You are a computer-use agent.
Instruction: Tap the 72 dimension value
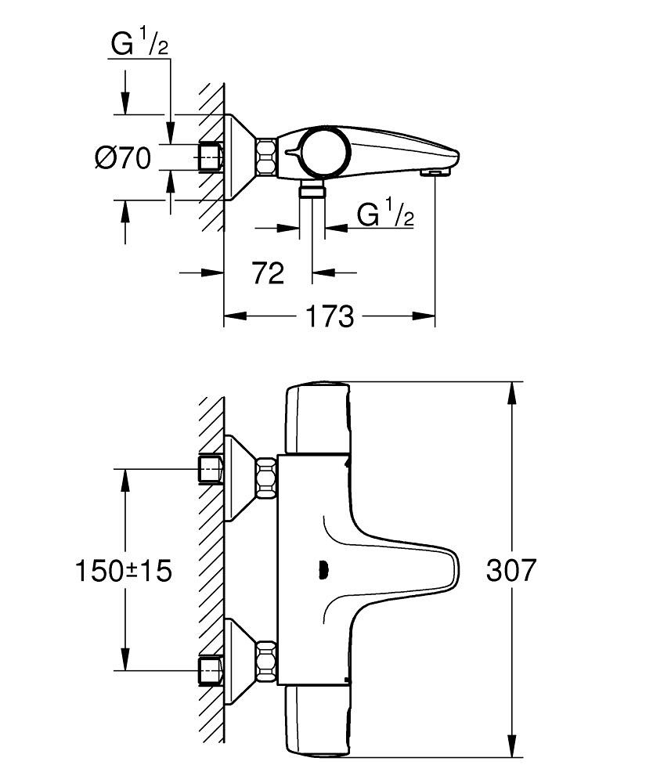[x=268, y=273]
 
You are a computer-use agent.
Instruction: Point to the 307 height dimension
[x=511, y=570]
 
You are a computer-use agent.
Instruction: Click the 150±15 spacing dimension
[x=124, y=570]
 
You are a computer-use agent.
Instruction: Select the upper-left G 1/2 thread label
[x=140, y=45]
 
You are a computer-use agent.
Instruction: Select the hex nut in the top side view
[x=266, y=157]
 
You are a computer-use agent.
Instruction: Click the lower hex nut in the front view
[x=266, y=659]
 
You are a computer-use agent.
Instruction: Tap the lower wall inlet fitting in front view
[x=211, y=669]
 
